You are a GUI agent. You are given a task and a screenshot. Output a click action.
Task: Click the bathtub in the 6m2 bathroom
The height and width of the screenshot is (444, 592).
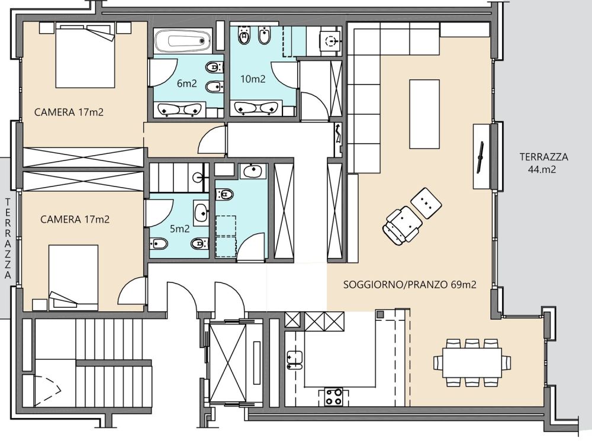[x=183, y=41]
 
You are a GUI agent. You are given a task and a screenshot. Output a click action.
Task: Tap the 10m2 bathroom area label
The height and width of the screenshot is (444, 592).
[x=253, y=79]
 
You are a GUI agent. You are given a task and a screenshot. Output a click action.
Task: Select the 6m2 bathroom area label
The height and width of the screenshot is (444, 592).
[x=187, y=83]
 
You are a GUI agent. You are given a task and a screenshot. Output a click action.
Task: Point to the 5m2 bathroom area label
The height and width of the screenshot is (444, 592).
[x=179, y=229]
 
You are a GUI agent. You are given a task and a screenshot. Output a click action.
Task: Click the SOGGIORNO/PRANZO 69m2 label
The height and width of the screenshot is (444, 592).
[x=410, y=285]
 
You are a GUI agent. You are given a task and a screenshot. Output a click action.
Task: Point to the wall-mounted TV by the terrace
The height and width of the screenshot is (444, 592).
[x=481, y=157]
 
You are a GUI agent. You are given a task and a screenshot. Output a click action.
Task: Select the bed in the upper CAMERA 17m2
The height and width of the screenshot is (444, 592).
[x=85, y=54]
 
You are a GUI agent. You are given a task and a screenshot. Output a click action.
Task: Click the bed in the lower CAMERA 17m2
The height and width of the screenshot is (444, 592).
[x=73, y=276]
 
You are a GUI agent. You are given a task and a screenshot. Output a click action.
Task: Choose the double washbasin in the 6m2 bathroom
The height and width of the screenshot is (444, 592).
[x=180, y=110]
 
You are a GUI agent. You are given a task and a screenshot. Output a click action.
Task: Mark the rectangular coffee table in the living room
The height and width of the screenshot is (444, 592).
[x=424, y=114]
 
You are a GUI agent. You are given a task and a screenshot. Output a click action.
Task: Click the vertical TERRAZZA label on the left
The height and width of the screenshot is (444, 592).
[x=8, y=239]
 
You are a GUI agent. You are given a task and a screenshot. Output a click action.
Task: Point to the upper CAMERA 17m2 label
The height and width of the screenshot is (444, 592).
[x=69, y=112]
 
